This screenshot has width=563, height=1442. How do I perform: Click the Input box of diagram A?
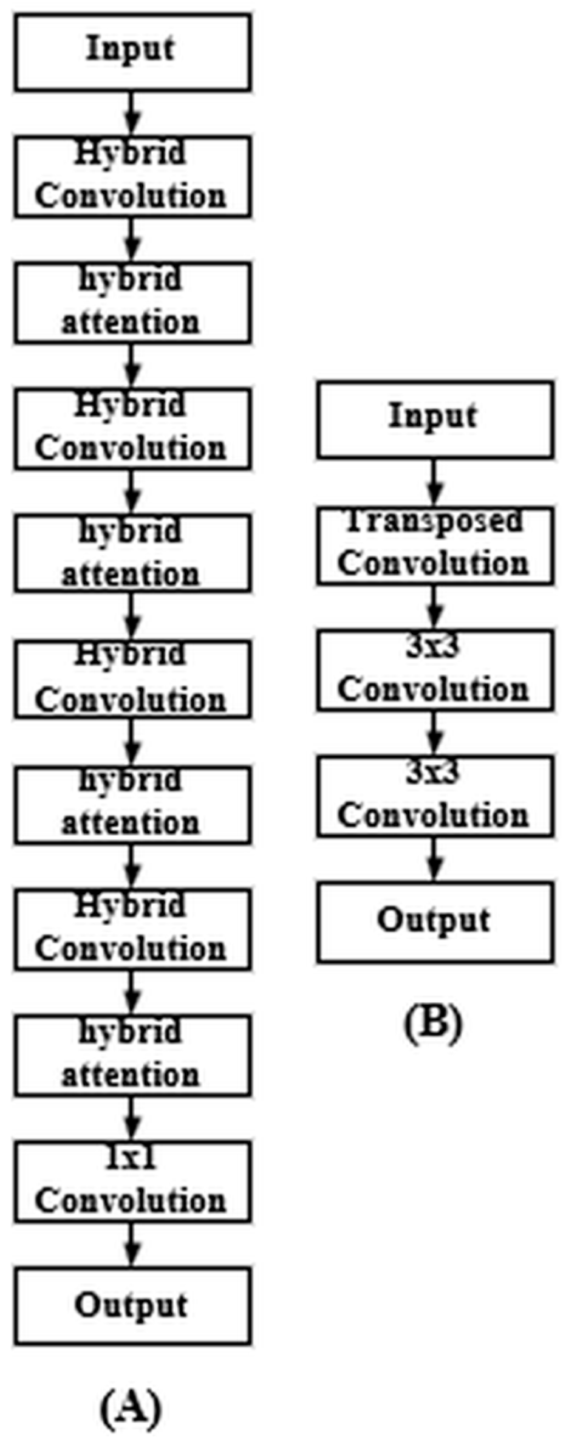(132, 53)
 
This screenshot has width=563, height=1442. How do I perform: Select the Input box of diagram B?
(434, 419)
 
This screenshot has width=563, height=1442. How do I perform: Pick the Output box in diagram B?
(434, 922)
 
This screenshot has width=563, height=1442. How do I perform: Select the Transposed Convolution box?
(434, 546)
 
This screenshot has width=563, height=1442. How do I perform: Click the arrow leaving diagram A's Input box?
(132, 114)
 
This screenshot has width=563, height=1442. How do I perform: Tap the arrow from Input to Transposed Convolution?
(434, 483)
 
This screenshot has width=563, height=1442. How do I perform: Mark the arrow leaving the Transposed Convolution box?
(434, 607)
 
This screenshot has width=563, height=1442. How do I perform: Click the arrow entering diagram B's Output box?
(434, 859)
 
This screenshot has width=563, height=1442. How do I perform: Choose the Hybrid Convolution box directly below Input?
(132, 177)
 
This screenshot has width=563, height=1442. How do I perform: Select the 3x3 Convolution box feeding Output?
(434, 796)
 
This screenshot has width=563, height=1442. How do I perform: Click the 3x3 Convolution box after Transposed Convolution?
(434, 671)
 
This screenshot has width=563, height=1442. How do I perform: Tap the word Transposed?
(434, 522)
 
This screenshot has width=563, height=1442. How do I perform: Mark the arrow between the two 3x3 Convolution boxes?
(434, 733)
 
